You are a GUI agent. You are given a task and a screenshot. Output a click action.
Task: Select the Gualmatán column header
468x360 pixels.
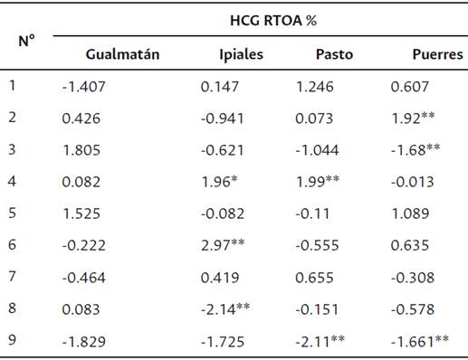point(122,54)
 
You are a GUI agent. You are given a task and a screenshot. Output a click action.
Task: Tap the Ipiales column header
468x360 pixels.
point(241,54)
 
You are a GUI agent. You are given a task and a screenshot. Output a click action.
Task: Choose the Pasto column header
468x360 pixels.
point(334,54)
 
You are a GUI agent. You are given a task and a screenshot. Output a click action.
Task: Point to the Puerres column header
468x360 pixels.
point(437,54)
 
